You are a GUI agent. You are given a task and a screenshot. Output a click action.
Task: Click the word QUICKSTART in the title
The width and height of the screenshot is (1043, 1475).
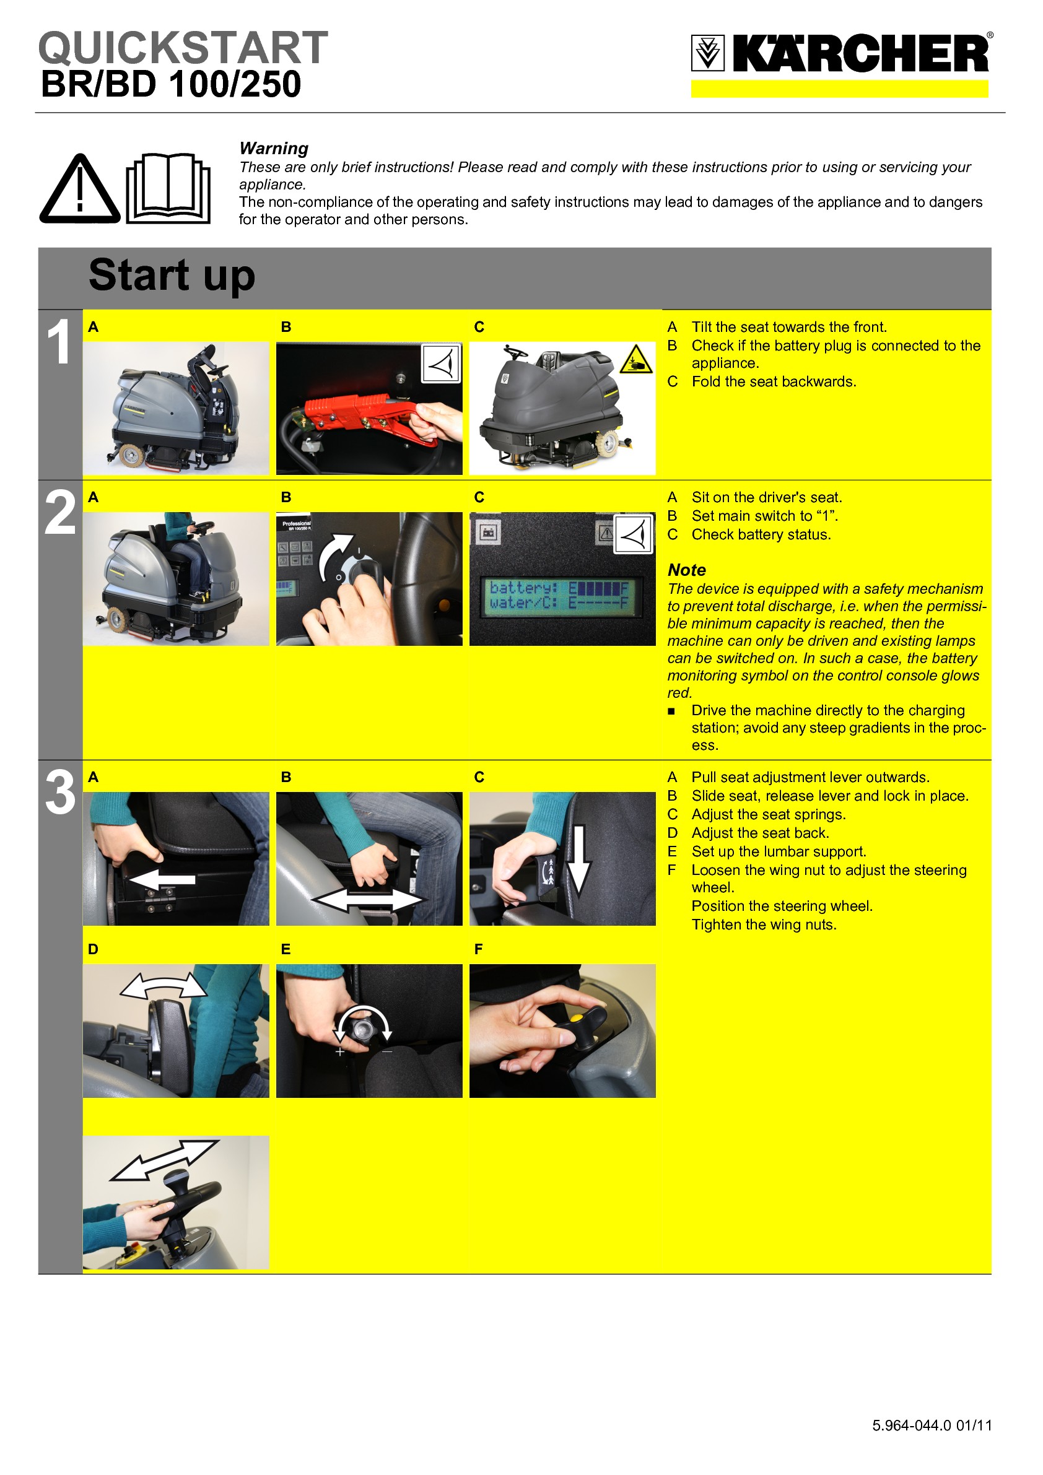click(x=183, y=48)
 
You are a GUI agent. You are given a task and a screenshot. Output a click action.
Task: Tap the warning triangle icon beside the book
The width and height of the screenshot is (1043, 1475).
click(x=80, y=189)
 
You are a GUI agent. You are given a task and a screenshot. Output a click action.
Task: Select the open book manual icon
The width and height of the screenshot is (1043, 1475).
click(x=168, y=188)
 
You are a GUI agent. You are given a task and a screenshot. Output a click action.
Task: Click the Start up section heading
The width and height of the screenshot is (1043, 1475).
click(x=172, y=275)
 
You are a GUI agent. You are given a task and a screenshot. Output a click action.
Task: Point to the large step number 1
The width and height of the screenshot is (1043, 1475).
click(x=58, y=342)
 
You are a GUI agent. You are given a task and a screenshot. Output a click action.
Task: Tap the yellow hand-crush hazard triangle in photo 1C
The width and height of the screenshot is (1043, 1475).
click(x=635, y=360)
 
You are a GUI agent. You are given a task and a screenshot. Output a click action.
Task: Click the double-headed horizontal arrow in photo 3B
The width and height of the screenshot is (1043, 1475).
click(x=369, y=900)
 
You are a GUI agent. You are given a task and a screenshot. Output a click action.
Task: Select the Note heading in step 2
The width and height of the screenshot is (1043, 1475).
click(x=686, y=570)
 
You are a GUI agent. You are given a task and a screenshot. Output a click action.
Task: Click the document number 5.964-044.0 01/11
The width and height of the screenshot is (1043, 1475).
click(x=932, y=1425)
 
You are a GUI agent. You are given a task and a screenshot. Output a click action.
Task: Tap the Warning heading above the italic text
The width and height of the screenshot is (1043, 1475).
click(x=274, y=149)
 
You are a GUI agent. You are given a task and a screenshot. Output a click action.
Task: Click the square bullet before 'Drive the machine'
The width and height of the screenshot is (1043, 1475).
click(x=671, y=711)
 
